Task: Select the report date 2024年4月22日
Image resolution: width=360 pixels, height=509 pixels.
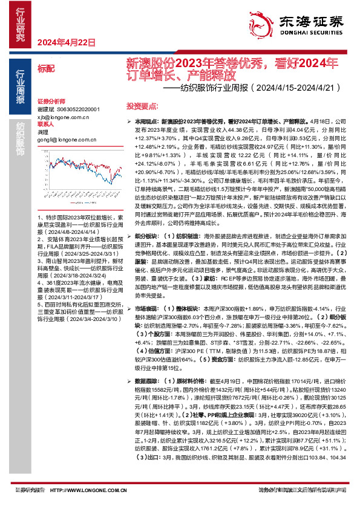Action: (x=68, y=42)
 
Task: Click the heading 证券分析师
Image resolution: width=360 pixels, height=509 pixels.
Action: (x=51, y=101)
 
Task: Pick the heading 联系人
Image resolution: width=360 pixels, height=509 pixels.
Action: (x=45, y=124)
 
